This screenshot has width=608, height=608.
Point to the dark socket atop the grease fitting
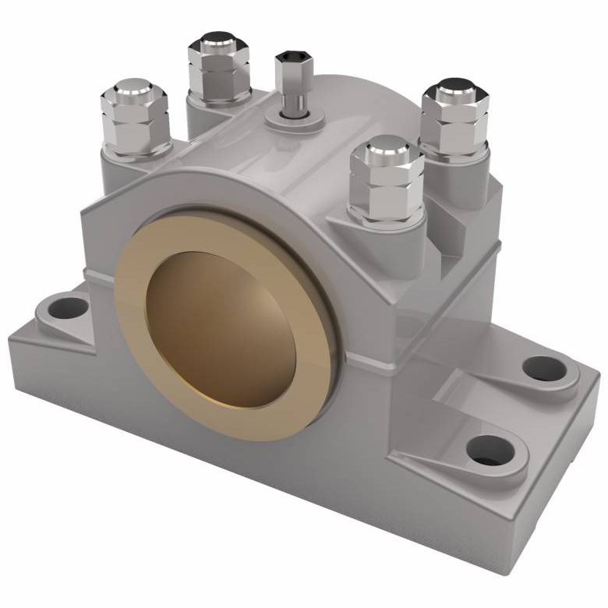294,57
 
